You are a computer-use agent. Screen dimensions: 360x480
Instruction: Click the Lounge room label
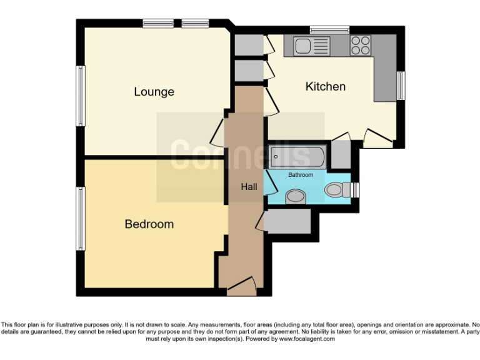(154, 92)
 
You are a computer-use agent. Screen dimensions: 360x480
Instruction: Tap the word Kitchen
(325, 86)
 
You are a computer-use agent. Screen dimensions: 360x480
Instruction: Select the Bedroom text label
(149, 224)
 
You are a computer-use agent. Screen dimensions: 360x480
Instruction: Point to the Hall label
(249, 187)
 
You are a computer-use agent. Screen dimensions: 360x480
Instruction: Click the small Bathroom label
(300, 175)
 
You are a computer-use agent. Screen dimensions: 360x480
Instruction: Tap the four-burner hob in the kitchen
(360, 45)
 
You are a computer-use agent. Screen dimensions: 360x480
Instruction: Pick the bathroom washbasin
(295, 197)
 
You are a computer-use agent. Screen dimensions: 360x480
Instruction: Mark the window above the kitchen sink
(329, 29)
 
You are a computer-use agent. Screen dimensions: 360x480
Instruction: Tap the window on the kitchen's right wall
(401, 86)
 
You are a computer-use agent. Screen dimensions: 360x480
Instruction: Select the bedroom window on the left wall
(80, 218)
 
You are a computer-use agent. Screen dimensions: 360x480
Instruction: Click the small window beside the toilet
(355, 189)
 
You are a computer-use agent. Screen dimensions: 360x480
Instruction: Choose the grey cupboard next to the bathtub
(341, 154)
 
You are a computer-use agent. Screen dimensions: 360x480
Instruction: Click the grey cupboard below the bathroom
(287, 221)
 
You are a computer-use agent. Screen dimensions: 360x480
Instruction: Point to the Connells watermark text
(240, 154)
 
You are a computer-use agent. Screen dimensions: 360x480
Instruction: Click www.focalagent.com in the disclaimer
(306, 339)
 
